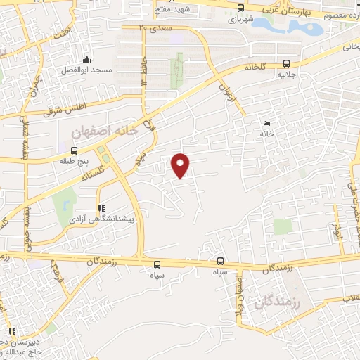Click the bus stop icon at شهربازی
(241, 8)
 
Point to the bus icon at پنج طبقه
(75, 150)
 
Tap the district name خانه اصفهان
(101, 131)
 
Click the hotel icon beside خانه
(266, 123)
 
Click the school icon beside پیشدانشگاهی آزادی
(101, 208)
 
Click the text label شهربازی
(240, 20)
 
